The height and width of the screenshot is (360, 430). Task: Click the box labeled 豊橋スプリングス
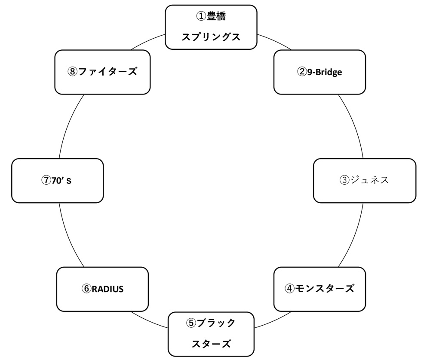[211, 27]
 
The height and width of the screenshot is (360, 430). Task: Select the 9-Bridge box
[319, 72]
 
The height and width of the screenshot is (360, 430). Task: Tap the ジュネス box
[364, 180]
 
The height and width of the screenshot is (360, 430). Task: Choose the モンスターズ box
[319, 289]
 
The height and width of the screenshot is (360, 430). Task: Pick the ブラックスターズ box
[211, 334]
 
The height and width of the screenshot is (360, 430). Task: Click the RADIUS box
[102, 289]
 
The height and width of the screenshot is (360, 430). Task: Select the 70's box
[57, 180]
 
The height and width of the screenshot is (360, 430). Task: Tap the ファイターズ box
[102, 72]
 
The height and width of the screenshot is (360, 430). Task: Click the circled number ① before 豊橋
[201, 17]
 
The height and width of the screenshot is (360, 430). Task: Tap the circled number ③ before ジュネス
[344, 180]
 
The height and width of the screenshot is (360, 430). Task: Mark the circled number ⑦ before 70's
[46, 180]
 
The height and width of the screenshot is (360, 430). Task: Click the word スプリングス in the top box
[211, 37]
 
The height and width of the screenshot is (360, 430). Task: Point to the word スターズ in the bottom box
[211, 344]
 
